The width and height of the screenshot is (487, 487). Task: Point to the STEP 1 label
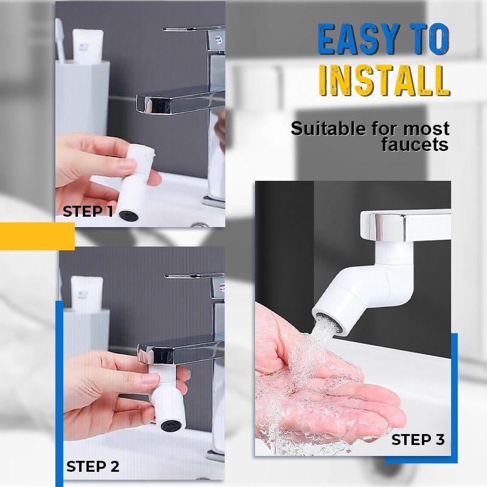pyautogui.click(x=88, y=212)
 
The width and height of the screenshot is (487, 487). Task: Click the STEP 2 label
pyautogui.click(x=93, y=467)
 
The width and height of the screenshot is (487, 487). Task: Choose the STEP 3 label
pyautogui.click(x=418, y=440)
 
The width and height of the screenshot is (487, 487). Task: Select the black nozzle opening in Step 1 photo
pyautogui.click(x=127, y=214)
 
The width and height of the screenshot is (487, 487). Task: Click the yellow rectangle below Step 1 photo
pyautogui.click(x=37, y=236)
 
